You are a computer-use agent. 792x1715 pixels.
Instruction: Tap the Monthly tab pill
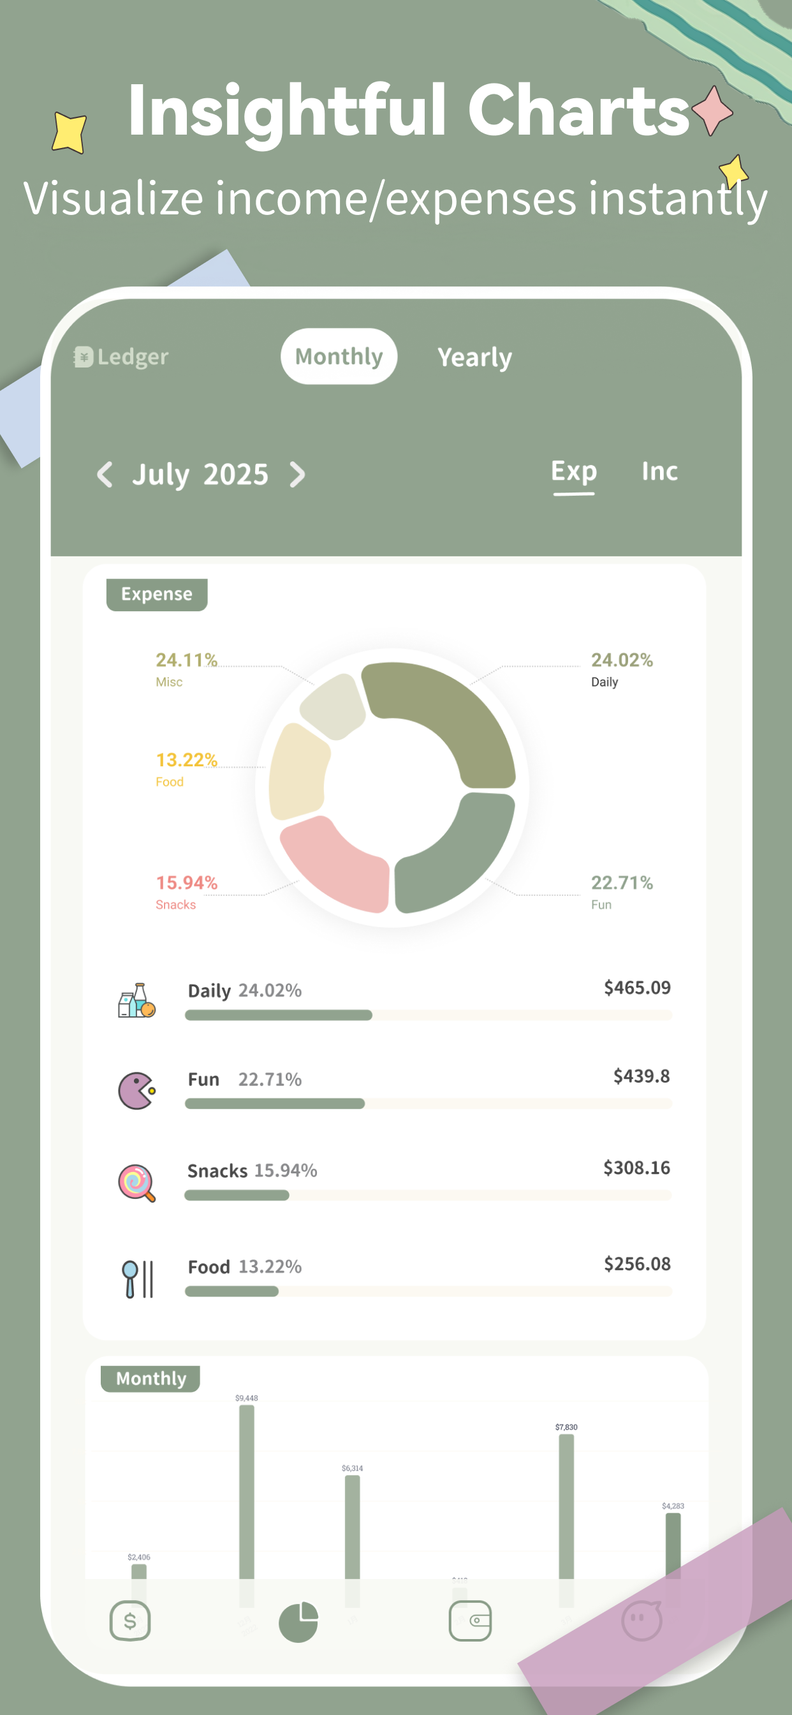(x=339, y=356)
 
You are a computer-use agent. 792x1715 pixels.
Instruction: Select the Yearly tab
(x=474, y=357)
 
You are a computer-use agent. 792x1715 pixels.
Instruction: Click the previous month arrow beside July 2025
(x=105, y=475)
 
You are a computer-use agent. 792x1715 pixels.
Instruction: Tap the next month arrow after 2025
(x=298, y=475)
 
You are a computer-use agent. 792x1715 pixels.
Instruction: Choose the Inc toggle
(x=659, y=471)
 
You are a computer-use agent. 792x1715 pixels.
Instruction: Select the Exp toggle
(x=574, y=471)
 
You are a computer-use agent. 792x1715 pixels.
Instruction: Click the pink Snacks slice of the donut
(x=336, y=861)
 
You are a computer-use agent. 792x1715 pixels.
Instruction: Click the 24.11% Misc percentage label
(x=186, y=660)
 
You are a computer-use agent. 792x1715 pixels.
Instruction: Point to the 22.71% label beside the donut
(x=622, y=883)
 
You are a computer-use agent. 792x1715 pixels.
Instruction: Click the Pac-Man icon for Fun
(x=136, y=1090)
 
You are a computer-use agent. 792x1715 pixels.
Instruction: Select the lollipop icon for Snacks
(x=136, y=1182)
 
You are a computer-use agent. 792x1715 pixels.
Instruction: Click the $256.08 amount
(x=637, y=1264)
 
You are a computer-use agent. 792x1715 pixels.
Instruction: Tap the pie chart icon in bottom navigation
(x=298, y=1622)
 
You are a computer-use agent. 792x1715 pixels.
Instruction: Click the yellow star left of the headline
(x=70, y=132)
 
